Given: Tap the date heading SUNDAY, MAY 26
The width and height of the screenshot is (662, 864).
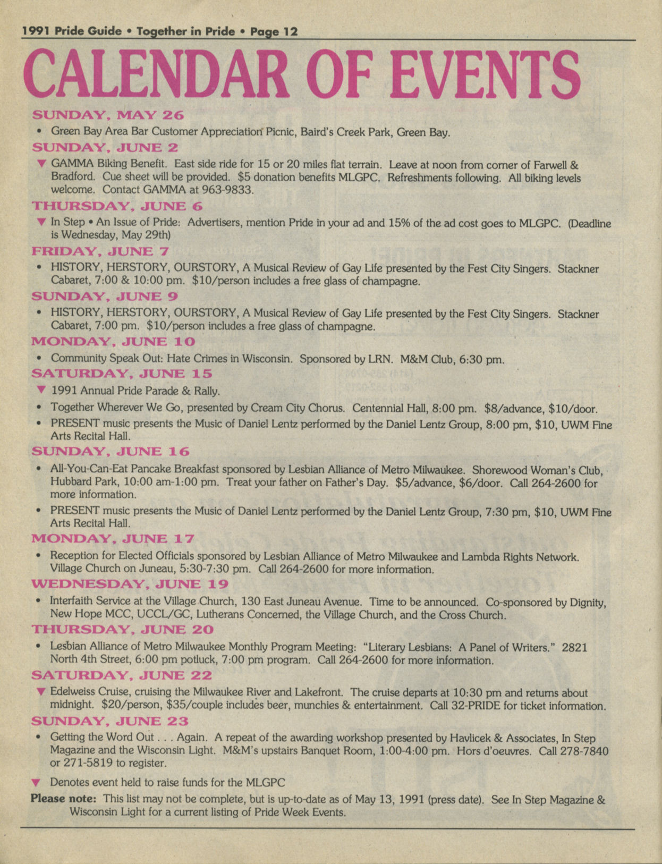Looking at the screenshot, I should (x=108, y=115).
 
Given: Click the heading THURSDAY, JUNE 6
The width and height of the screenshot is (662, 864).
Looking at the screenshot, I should (x=117, y=206).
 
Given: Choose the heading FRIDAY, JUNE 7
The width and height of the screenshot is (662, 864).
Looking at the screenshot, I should (x=100, y=251).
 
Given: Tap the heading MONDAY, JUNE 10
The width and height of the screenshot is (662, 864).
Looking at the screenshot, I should (x=113, y=342).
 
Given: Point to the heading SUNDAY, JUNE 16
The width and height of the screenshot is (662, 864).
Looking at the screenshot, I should (x=111, y=452).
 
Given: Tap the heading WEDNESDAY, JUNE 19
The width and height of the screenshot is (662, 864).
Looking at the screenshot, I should (x=130, y=585).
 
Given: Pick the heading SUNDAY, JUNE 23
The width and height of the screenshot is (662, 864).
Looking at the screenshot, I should (x=109, y=722).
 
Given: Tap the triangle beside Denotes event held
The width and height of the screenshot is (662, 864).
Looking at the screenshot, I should (x=36, y=783).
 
